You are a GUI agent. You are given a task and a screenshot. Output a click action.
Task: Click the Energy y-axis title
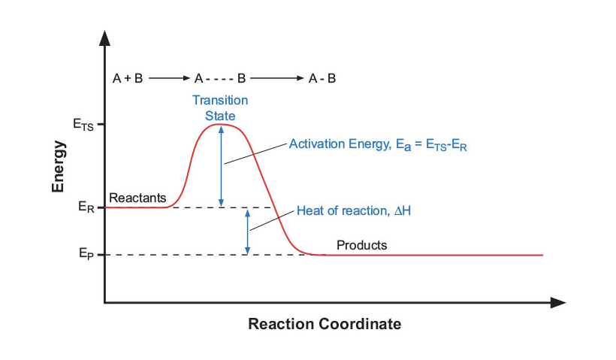[59, 166]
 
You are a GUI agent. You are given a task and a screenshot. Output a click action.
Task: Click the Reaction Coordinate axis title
[325, 325]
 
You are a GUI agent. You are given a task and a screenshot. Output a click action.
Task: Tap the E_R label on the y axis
[86, 208]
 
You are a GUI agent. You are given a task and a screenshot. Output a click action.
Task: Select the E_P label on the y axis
[86, 255]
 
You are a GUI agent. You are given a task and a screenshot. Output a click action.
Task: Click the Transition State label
[220, 107]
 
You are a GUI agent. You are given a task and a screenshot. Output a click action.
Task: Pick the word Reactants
[137, 198]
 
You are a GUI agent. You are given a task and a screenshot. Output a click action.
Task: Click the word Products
[361, 245]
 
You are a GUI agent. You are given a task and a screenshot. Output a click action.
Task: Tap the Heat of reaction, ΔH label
[354, 211]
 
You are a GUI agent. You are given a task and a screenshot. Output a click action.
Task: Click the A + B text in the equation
[128, 77]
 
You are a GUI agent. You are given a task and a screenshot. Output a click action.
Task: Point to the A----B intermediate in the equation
[220, 77]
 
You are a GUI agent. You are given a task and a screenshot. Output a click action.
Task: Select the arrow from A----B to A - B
[277, 77]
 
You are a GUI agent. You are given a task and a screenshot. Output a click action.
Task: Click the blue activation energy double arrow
[221, 165]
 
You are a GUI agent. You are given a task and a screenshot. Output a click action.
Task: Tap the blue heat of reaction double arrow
[247, 231]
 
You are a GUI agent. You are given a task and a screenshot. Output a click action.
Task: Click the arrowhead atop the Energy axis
[104, 38]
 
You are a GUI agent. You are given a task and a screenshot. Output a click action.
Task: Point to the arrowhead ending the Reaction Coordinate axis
[557, 302]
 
